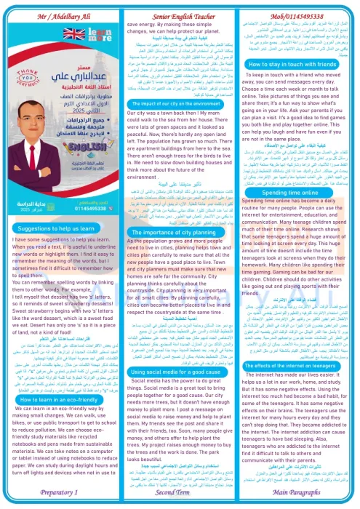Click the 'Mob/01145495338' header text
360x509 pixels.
pyautogui.click(x=298, y=7)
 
